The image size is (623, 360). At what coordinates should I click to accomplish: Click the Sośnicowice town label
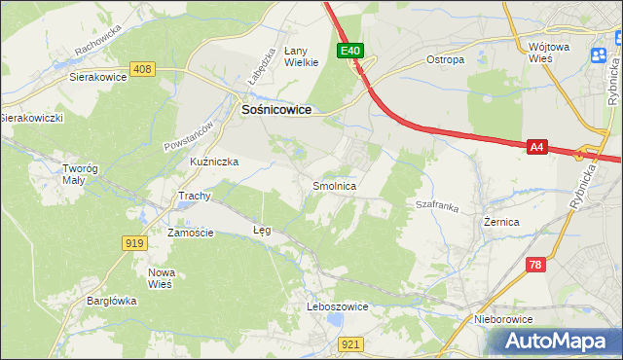click(276, 111)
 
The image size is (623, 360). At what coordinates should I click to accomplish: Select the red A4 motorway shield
click(537, 147)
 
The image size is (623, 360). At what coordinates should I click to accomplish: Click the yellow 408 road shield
click(142, 69)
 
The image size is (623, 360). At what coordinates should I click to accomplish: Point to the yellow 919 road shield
click(134, 242)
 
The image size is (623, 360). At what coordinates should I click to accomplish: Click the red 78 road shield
click(534, 265)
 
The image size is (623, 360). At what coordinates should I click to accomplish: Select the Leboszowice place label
click(337, 306)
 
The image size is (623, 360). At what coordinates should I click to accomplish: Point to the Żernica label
click(501, 222)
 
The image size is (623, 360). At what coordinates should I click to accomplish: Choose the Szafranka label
click(437, 205)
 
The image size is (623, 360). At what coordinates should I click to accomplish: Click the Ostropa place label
click(446, 59)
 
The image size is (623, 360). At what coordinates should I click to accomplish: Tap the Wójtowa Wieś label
click(551, 53)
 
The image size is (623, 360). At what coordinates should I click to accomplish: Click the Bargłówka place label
click(110, 301)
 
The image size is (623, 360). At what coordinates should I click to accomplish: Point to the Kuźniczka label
click(214, 161)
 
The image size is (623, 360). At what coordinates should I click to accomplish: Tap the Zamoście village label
click(190, 233)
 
